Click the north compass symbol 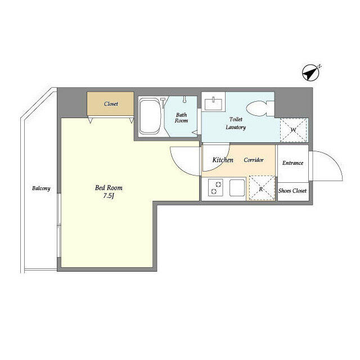[310, 73]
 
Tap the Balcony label [41, 188]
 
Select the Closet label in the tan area [111, 104]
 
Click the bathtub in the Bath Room [150, 116]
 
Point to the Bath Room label [181, 118]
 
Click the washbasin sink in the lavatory [213, 103]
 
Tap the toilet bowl [260, 109]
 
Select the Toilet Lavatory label [236, 123]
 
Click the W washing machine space [294, 130]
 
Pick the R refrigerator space [262, 188]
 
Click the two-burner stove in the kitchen [216, 187]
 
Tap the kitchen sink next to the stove [237, 187]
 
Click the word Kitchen [223, 160]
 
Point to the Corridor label [254, 160]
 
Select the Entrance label [292, 163]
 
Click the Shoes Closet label [292, 191]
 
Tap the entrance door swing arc [335, 159]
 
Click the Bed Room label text [109, 188]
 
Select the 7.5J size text [109, 196]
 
